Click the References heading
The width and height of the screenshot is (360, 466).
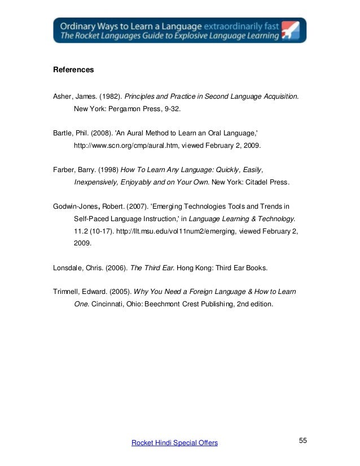click(73, 71)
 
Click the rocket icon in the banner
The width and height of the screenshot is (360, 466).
click(291, 30)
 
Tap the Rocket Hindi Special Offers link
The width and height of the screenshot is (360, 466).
click(174, 443)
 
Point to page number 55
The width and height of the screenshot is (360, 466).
click(302, 440)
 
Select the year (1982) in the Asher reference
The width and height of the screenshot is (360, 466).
click(110, 96)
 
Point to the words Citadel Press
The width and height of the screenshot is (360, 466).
click(268, 182)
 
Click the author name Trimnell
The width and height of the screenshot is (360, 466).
click(67, 293)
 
